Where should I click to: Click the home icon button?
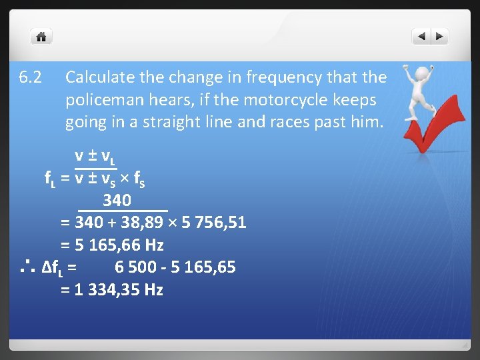pyautogui.click(x=41, y=37)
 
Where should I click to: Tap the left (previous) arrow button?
pyautogui.click(x=421, y=37)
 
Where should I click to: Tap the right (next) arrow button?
pyautogui.click(x=440, y=37)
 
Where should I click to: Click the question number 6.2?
pyautogui.click(x=31, y=78)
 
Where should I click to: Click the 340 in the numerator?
pyautogui.click(x=117, y=200)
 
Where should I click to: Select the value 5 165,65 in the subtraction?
pyautogui.click(x=201, y=267)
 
